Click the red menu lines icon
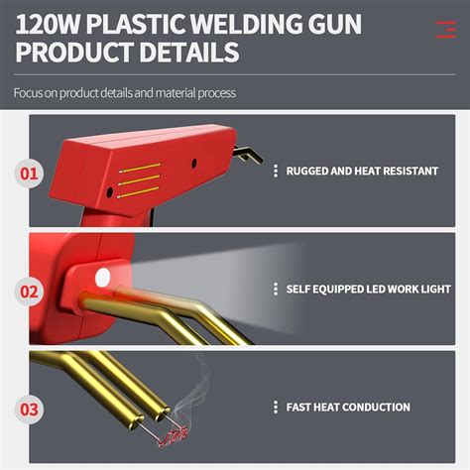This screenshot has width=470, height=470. coord(445,29)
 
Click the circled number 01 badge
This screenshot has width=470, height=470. coord(31,176)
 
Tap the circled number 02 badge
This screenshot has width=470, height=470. coord(31,292)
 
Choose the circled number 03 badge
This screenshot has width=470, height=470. coord(31,409)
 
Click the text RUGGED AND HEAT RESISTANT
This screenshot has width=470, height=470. coord(362,171)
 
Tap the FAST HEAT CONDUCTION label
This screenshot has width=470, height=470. coord(347,407)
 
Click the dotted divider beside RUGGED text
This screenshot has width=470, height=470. coord(275,171)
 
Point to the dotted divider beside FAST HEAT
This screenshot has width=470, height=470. coord(275,407)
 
